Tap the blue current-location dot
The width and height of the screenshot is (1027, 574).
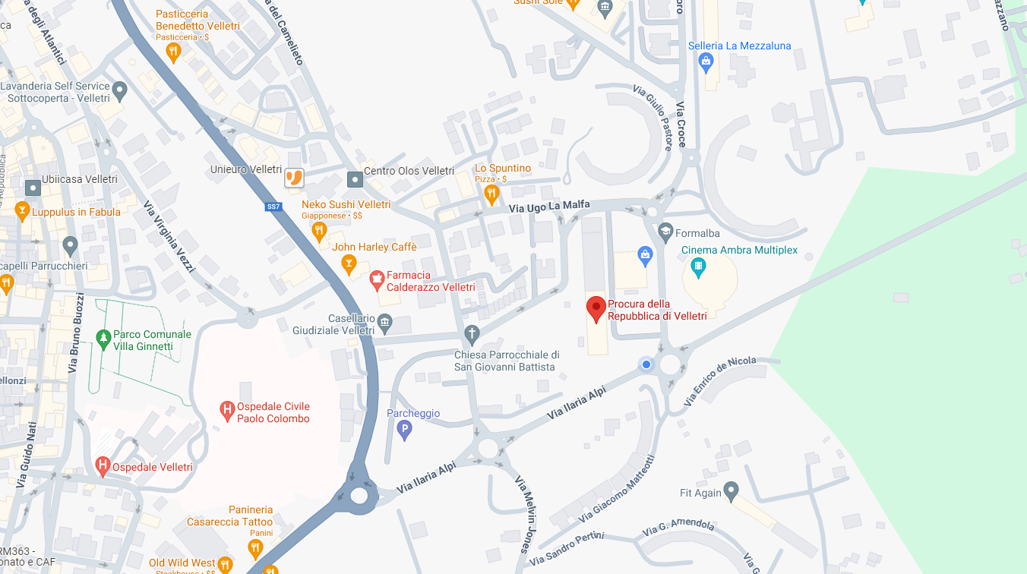[646, 364]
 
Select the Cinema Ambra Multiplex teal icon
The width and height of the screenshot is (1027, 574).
[698, 266]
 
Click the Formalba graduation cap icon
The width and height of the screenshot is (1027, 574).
[665, 231]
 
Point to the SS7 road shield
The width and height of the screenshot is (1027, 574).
[273, 207]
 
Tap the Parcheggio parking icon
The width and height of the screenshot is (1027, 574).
[405, 430]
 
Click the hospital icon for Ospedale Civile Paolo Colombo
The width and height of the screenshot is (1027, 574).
[226, 412]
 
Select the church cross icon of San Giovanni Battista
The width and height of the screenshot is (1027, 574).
[472, 334]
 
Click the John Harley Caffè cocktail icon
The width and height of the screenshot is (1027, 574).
[349, 263]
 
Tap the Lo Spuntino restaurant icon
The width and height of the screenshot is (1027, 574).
[491, 193]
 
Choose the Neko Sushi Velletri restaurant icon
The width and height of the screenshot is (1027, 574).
[319, 229]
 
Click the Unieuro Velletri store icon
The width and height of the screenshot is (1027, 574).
[294, 178]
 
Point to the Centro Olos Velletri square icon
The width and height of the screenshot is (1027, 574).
[355, 179]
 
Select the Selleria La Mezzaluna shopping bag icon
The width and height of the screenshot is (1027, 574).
[706, 62]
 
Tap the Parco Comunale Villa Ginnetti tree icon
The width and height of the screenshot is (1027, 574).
[103, 339]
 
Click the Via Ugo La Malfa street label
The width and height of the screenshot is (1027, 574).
[549, 206]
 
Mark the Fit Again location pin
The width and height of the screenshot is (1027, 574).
[731, 491]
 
